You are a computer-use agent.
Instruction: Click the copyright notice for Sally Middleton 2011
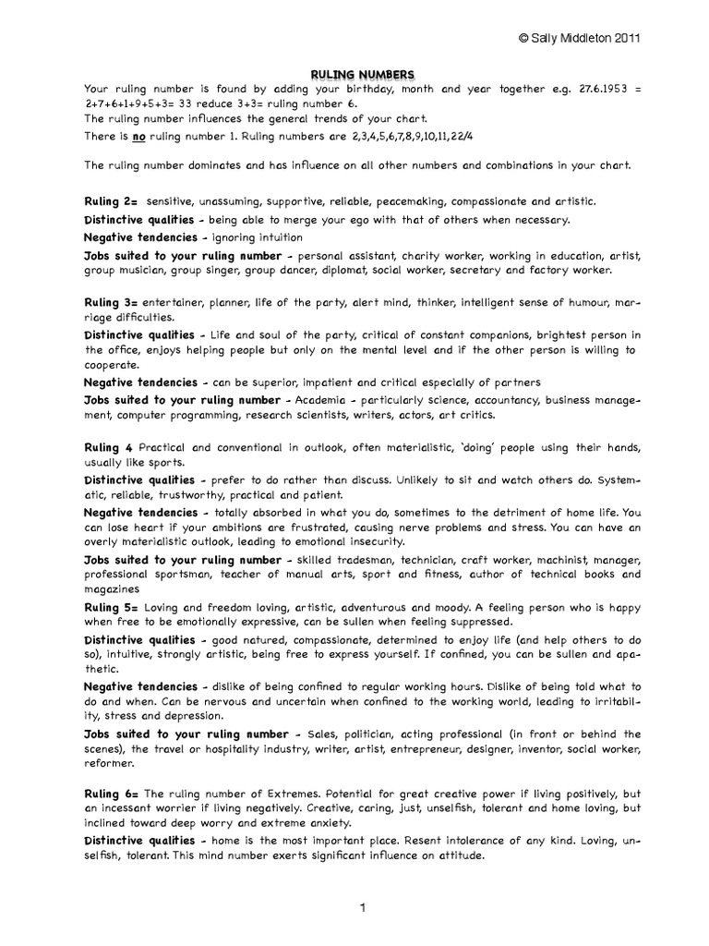(580, 38)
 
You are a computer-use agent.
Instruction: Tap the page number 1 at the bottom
(365, 908)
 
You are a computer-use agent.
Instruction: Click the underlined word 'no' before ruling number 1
(140, 136)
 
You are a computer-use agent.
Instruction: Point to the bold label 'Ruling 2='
(111, 200)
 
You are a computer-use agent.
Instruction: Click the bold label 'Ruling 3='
(111, 302)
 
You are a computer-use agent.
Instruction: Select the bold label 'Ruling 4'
(108, 446)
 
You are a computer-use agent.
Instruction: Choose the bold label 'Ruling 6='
(111, 794)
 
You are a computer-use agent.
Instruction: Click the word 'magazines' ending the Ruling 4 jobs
(112, 588)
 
